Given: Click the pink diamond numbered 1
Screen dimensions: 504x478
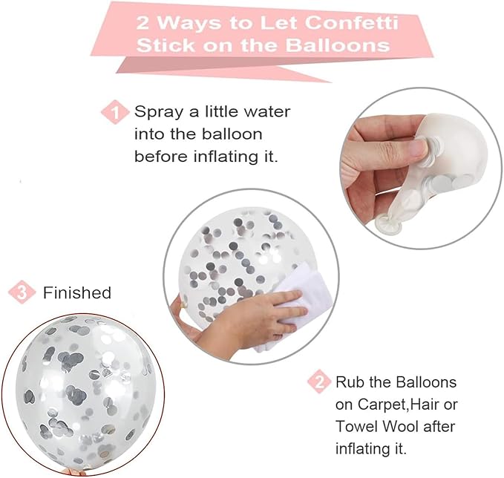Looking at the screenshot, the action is click(x=115, y=112).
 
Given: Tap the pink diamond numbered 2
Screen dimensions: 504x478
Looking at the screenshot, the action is click(x=319, y=382).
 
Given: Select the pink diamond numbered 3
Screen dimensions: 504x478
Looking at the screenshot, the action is click(x=22, y=292).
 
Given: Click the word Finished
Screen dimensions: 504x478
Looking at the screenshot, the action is click(x=77, y=293).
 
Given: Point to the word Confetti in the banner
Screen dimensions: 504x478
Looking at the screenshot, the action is click(x=351, y=23).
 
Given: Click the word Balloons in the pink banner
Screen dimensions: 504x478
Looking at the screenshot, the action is click(x=338, y=45).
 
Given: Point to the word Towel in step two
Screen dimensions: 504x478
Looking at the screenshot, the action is click(x=357, y=427).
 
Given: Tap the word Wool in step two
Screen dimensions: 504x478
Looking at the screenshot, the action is click(x=401, y=427).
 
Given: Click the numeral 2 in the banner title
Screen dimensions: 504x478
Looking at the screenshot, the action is click(x=144, y=24).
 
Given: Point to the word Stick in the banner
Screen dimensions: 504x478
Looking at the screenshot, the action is click(x=166, y=45).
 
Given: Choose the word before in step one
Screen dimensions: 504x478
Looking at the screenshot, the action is click(x=160, y=156).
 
